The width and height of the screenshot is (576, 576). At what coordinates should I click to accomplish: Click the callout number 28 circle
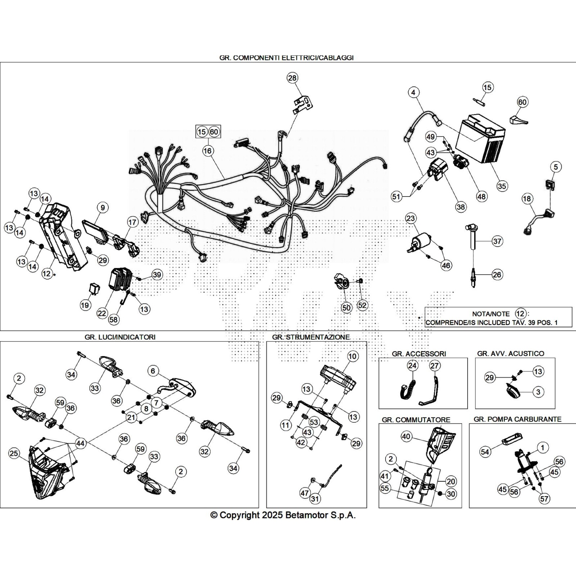click(x=292, y=78)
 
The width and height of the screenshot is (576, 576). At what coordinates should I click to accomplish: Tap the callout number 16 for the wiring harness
click(x=207, y=150)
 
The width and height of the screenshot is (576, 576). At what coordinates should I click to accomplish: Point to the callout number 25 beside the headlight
click(x=14, y=453)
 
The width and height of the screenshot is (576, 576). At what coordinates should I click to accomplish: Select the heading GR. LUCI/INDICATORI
click(x=120, y=337)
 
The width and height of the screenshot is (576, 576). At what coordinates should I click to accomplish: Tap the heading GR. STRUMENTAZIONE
click(x=311, y=337)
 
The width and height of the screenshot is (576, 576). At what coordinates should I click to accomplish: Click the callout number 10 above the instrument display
click(x=353, y=356)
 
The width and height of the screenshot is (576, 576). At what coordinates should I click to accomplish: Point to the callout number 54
click(x=485, y=451)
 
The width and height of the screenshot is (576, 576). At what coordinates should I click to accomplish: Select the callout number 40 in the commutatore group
click(x=406, y=436)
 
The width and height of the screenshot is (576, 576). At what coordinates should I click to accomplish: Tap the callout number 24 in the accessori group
click(x=412, y=366)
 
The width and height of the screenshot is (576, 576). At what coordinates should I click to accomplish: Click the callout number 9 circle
click(x=103, y=207)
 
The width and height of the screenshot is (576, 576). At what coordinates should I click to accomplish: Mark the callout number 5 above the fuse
click(x=556, y=167)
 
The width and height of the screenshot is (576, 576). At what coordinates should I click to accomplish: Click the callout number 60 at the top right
click(x=522, y=102)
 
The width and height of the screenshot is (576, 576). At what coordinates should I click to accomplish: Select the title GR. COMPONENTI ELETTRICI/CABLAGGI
click(x=286, y=58)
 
